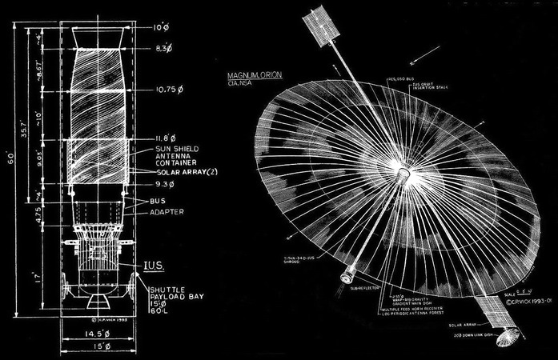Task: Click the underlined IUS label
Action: tap(155, 261)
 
